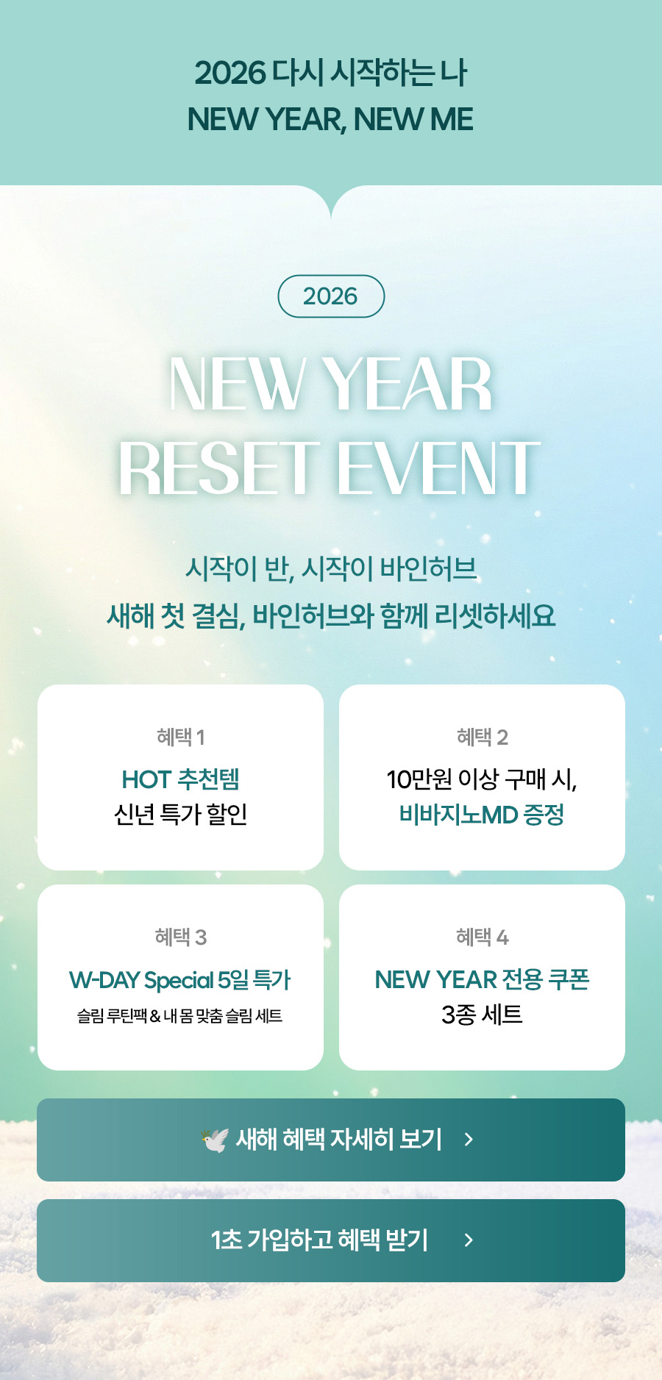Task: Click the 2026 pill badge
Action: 331,296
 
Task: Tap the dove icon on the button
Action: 215,1140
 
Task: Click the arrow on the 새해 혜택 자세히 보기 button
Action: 469,1140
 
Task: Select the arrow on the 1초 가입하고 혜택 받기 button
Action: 469,1240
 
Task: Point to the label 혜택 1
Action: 180,737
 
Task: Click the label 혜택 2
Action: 482,737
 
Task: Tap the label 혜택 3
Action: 180,937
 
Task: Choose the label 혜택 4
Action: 482,937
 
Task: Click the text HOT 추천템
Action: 180,779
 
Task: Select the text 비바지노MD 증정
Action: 482,815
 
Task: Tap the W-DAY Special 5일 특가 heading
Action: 180,980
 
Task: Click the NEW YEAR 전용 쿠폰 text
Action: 482,979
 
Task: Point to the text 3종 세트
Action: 482,1015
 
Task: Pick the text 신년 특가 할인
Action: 180,815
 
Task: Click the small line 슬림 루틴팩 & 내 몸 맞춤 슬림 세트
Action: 180,1016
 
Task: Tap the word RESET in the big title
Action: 219,468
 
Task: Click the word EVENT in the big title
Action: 438,468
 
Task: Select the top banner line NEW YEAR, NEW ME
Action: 330,120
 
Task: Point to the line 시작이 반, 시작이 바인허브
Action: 331,568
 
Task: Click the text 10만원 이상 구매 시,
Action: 482,779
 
